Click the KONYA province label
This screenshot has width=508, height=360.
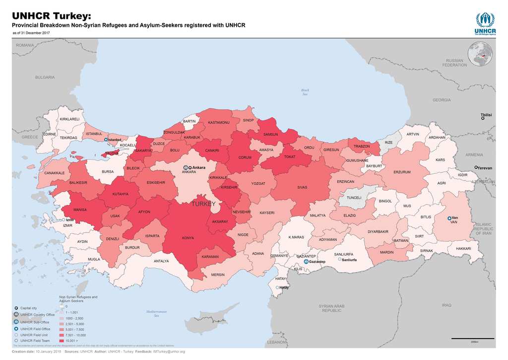(x=188, y=238)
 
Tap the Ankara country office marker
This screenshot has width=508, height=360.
(x=185, y=168)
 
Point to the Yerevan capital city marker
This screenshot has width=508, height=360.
(x=476, y=168)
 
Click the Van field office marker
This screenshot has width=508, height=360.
(x=449, y=218)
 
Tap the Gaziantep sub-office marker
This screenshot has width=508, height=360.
(x=306, y=261)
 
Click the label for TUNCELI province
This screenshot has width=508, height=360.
(x=354, y=197)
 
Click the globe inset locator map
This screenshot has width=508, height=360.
(x=480, y=54)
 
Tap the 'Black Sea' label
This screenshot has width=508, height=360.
(x=305, y=92)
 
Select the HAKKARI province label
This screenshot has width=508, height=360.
(x=463, y=248)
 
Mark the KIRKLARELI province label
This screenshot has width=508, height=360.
(x=69, y=119)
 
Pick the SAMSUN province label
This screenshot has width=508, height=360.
(x=270, y=135)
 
